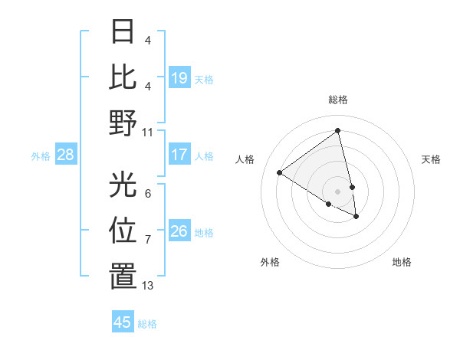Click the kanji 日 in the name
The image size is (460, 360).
[123, 32]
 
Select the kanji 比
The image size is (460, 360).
[123, 77]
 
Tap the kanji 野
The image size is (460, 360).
[123, 123]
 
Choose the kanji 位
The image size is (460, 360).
[123, 230]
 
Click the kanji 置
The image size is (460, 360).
[123, 276]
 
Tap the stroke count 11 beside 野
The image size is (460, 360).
[148, 132]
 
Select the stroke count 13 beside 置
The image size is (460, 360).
[148, 286]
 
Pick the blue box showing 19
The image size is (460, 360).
[179, 78]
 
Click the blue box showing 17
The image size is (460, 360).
[179, 155]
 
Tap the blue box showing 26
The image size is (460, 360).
[179, 231]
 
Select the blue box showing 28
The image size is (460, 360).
[66, 155]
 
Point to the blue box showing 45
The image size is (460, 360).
[123, 322]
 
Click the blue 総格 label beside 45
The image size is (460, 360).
[148, 324]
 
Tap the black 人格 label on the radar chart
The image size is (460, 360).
[245, 159]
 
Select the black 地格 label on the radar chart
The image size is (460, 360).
[402, 262]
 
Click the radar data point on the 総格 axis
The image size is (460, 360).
[337, 130]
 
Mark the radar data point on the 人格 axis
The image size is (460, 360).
[280, 173]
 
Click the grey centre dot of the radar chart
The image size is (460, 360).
[337, 191]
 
